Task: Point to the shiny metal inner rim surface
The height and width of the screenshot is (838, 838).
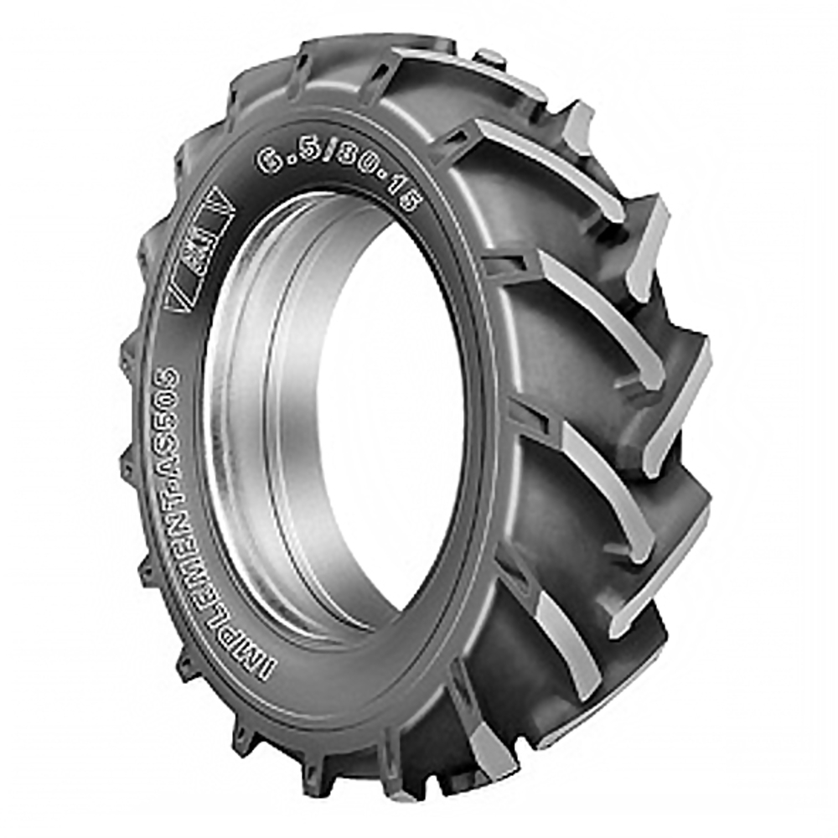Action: [x=251, y=419]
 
